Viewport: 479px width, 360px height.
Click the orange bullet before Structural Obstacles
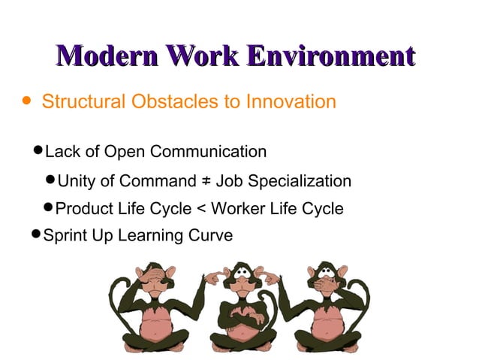(28, 100)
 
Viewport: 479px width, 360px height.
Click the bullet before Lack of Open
(38, 152)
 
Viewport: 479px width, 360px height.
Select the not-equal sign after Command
(205, 181)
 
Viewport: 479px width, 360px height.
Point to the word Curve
(212, 235)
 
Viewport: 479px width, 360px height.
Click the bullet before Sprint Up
(37, 235)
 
